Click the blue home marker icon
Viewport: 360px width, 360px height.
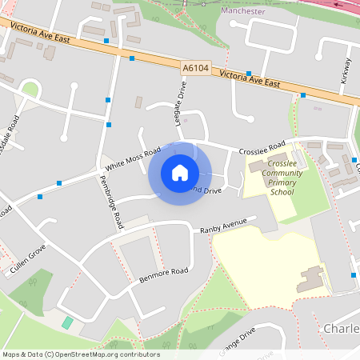179,173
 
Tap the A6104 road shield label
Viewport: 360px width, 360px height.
195,69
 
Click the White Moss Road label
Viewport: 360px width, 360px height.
133,158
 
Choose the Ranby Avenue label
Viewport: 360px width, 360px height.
224,230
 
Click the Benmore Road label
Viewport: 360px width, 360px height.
164,274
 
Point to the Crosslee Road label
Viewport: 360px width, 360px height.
262,149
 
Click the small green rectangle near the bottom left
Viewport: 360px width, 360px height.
67,322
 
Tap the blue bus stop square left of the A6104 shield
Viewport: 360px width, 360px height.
131,58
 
